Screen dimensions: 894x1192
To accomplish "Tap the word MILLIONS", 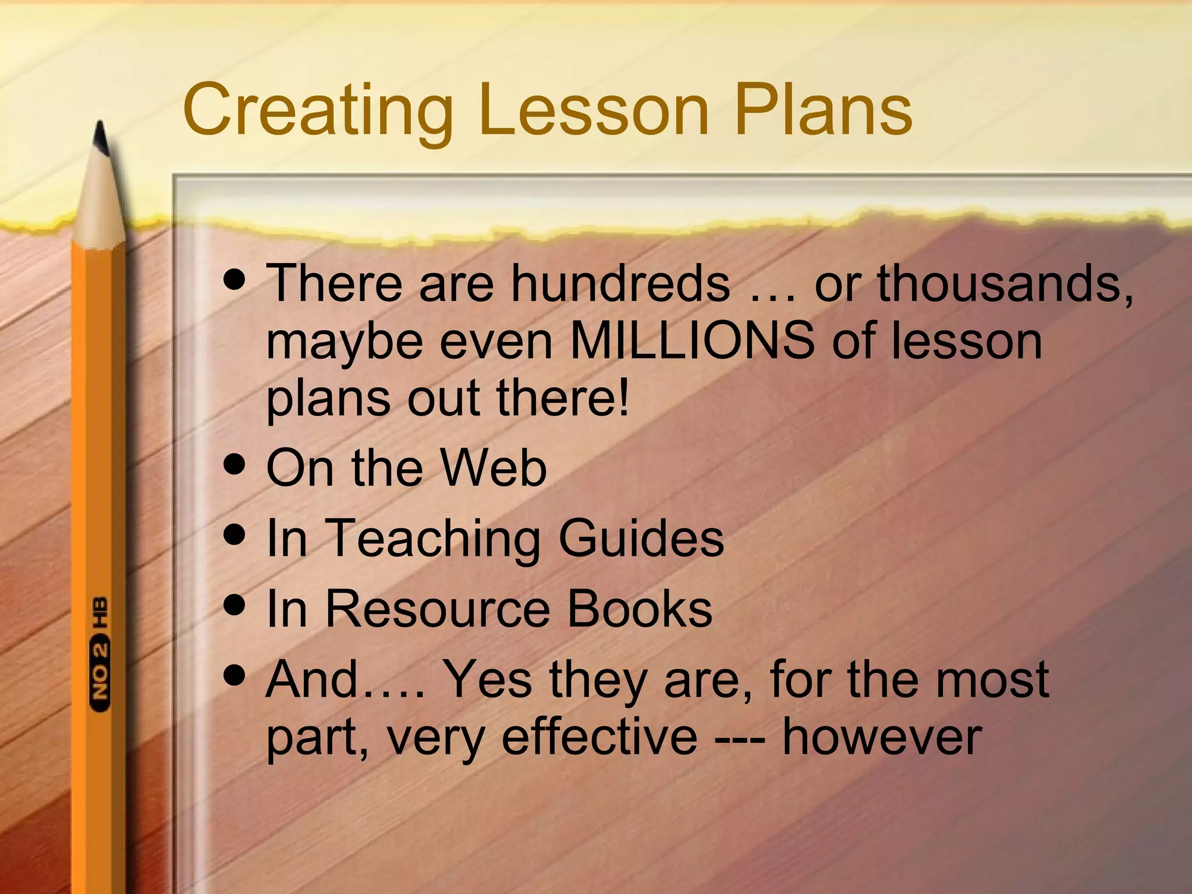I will pos(692,341).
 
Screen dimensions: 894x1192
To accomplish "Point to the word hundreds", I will pos(620,283).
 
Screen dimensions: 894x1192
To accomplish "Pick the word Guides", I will pos(641,538).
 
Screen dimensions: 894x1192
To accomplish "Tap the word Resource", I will pos(437,609).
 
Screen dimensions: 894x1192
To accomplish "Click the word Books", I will pos(639,609).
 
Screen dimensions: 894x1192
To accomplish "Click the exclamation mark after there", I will pos(623,398).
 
